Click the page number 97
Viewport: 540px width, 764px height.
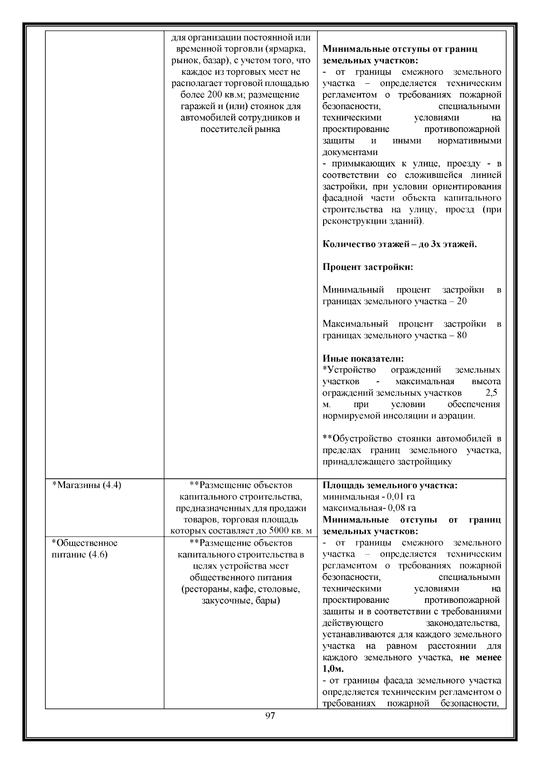coord(270,729)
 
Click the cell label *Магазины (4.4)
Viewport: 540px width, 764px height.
coord(87,485)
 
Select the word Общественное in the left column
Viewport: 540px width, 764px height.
coord(85,542)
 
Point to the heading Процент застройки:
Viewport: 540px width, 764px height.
coord(368,267)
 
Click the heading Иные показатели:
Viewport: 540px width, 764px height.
coord(363,358)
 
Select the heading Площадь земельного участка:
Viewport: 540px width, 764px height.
coord(390,485)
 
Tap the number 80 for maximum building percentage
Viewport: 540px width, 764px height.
coord(461,335)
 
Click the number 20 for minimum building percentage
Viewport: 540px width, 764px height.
coord(461,301)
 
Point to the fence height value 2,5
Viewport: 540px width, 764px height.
coord(491,393)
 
